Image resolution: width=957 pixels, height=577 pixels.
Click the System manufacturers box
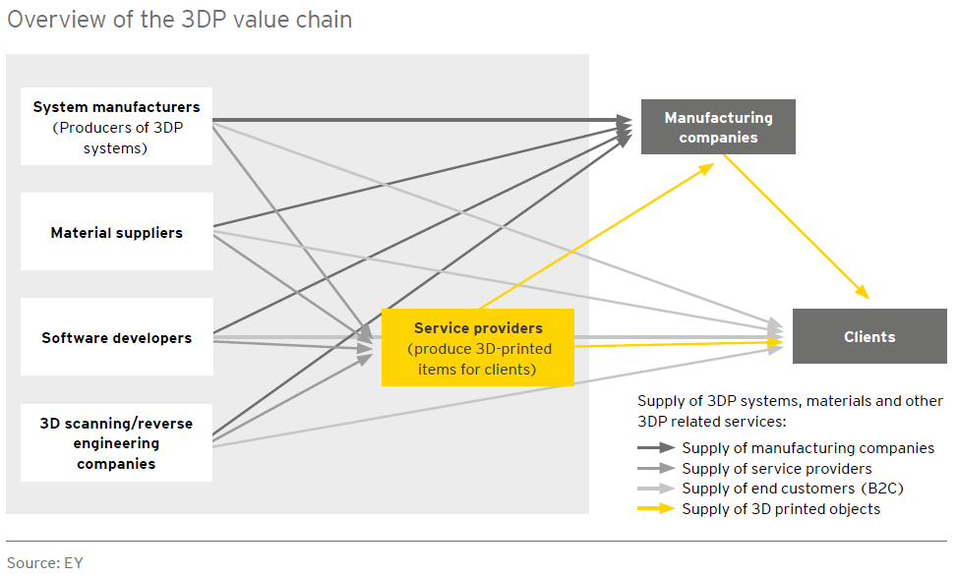pyautogui.click(x=117, y=126)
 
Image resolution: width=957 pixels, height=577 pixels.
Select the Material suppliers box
pyautogui.click(x=117, y=232)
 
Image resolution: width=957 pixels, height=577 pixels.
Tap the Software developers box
pyautogui.click(x=117, y=337)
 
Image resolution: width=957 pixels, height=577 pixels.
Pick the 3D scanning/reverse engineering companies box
pyautogui.click(x=117, y=442)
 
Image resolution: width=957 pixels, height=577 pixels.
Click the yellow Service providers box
pyautogui.click(x=478, y=348)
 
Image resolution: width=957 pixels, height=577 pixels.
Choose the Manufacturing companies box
pyautogui.click(x=718, y=127)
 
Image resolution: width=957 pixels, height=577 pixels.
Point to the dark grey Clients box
pyautogui.click(x=869, y=336)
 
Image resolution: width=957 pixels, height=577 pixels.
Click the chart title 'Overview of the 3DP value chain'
pyautogui.click(x=179, y=20)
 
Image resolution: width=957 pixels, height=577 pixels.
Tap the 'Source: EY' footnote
pyautogui.click(x=44, y=562)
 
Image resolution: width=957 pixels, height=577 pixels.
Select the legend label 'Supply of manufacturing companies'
pyautogui.click(x=808, y=448)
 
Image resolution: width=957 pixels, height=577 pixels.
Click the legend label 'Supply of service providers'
pyautogui.click(x=777, y=469)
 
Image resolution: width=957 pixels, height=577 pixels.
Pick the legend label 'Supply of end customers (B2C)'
pyautogui.click(x=793, y=489)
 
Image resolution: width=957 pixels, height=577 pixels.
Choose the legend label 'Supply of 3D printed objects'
pyautogui.click(x=781, y=509)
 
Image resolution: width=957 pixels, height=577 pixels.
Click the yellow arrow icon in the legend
pyautogui.click(x=656, y=509)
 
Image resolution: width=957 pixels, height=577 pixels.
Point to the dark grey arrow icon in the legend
pyautogui.click(x=656, y=447)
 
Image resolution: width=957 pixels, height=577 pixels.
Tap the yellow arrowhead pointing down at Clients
pyautogui.click(x=863, y=292)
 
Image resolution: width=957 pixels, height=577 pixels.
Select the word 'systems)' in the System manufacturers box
pyautogui.click(x=115, y=148)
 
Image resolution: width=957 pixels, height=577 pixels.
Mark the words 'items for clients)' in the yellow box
pyautogui.click(x=477, y=370)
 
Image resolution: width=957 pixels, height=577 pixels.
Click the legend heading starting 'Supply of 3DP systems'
pyautogui.click(x=791, y=411)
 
